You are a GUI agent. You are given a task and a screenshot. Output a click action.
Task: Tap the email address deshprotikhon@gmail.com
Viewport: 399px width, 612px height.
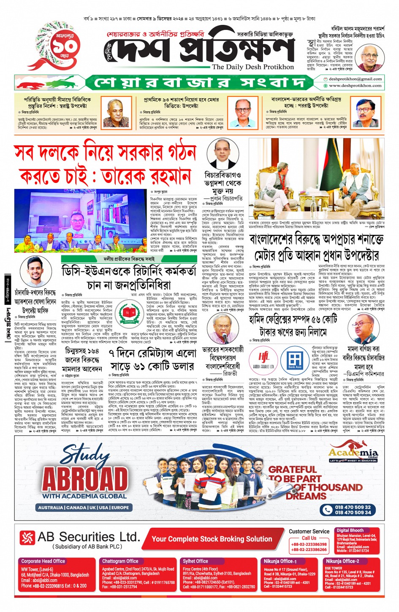pos(355,79)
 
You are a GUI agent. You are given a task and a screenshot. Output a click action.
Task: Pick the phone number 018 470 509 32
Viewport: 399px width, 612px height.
pos(353,507)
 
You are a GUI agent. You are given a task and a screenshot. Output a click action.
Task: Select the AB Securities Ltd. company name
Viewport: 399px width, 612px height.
pos(88,537)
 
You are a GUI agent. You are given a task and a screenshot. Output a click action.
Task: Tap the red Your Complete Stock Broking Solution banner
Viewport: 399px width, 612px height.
pos(212,539)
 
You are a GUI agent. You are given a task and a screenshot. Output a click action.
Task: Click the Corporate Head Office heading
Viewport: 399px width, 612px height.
pos(43,561)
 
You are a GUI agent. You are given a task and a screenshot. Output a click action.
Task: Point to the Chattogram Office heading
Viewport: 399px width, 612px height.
pos(120,561)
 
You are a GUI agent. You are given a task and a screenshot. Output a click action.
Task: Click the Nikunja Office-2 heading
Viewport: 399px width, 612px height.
pos(342,561)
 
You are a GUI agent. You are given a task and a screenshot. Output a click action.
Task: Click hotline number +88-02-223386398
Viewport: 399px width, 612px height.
pos(309,544)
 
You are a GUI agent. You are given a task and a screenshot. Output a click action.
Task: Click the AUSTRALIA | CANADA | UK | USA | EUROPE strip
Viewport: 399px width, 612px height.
pos(83,507)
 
